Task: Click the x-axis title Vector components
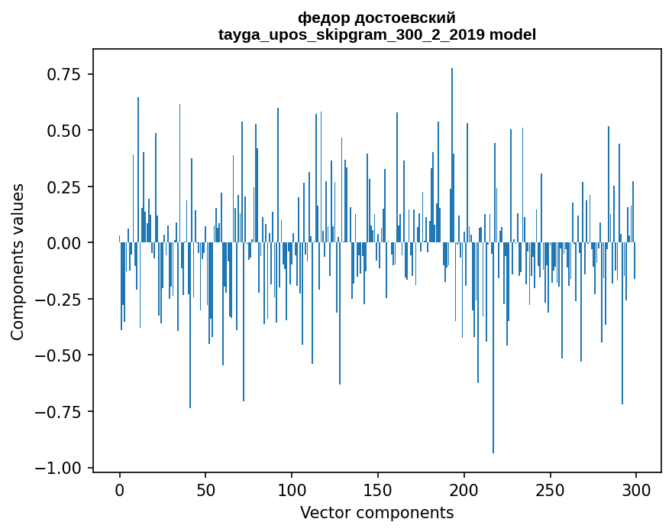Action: tap(376, 513)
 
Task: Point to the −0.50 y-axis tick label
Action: tap(60, 355)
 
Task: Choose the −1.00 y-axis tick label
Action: tap(60, 468)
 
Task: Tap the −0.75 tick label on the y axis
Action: tap(60, 412)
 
